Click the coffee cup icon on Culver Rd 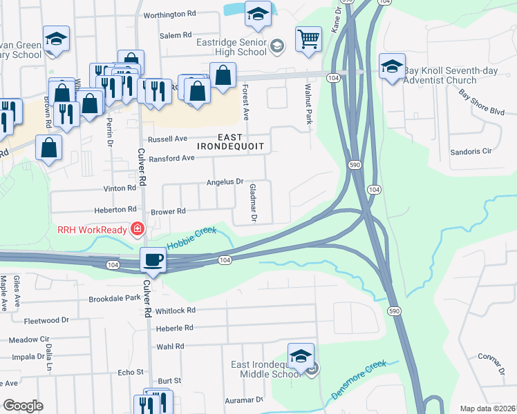click(153, 260)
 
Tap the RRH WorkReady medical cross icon click(137, 228)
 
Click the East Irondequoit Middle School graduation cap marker click(301, 357)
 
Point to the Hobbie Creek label click(191, 236)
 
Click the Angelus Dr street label click(225, 182)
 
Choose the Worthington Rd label click(168, 14)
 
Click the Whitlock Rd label click(176, 310)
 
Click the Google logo click(23, 406)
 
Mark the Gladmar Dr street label click(253, 203)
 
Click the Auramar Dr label click(243, 400)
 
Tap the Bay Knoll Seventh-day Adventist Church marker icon click(392, 66)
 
